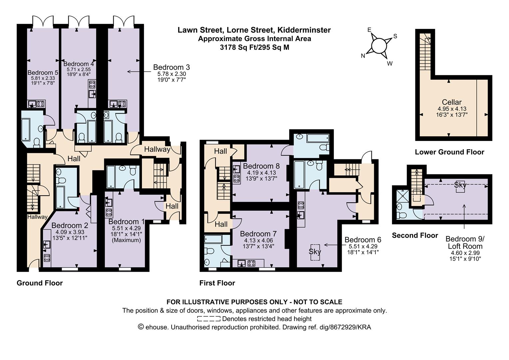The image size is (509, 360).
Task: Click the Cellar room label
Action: pos(452,102)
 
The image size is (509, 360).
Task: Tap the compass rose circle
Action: pos(378,46)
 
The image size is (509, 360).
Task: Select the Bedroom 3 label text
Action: pos(171,67)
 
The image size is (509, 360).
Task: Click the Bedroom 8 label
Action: pos(261,166)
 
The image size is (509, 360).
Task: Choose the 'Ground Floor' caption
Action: pos(40,283)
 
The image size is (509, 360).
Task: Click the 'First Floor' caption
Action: pos(217,283)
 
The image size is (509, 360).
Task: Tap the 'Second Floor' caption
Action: pos(415,235)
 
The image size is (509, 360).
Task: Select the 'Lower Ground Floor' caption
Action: pos(449,152)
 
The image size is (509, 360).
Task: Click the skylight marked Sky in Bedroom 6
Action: pos(315,251)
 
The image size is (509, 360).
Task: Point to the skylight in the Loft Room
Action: pos(460,185)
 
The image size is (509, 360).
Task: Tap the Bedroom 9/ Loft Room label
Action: pos(465,243)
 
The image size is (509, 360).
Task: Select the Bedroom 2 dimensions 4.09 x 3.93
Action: pos(70,232)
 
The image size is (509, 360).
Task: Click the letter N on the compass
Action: pos(363,56)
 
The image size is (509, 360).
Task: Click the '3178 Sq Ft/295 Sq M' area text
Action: pos(254,47)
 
